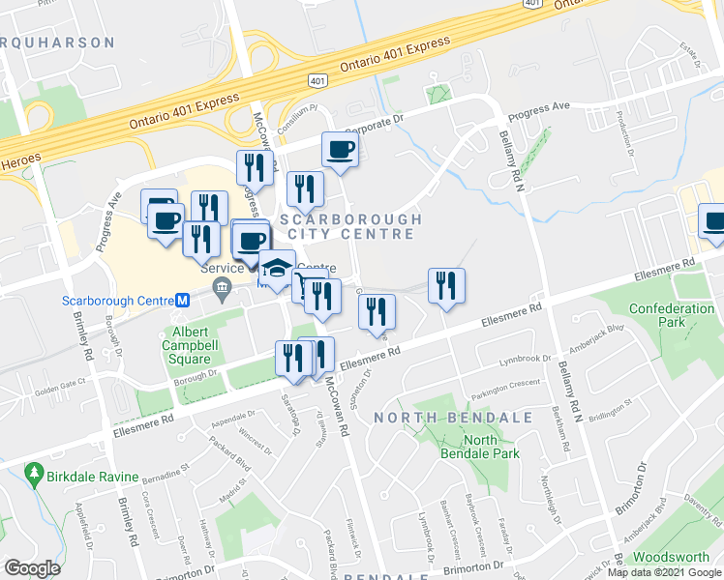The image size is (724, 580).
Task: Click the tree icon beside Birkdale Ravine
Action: point(35,472)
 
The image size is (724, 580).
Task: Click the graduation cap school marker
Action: point(277,268)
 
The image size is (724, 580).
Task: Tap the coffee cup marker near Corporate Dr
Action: point(340,150)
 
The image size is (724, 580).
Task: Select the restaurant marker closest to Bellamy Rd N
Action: point(446,285)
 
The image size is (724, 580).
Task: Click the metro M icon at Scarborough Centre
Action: point(180,301)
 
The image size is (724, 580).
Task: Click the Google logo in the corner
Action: point(32,567)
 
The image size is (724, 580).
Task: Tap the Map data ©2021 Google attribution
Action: point(664,572)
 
